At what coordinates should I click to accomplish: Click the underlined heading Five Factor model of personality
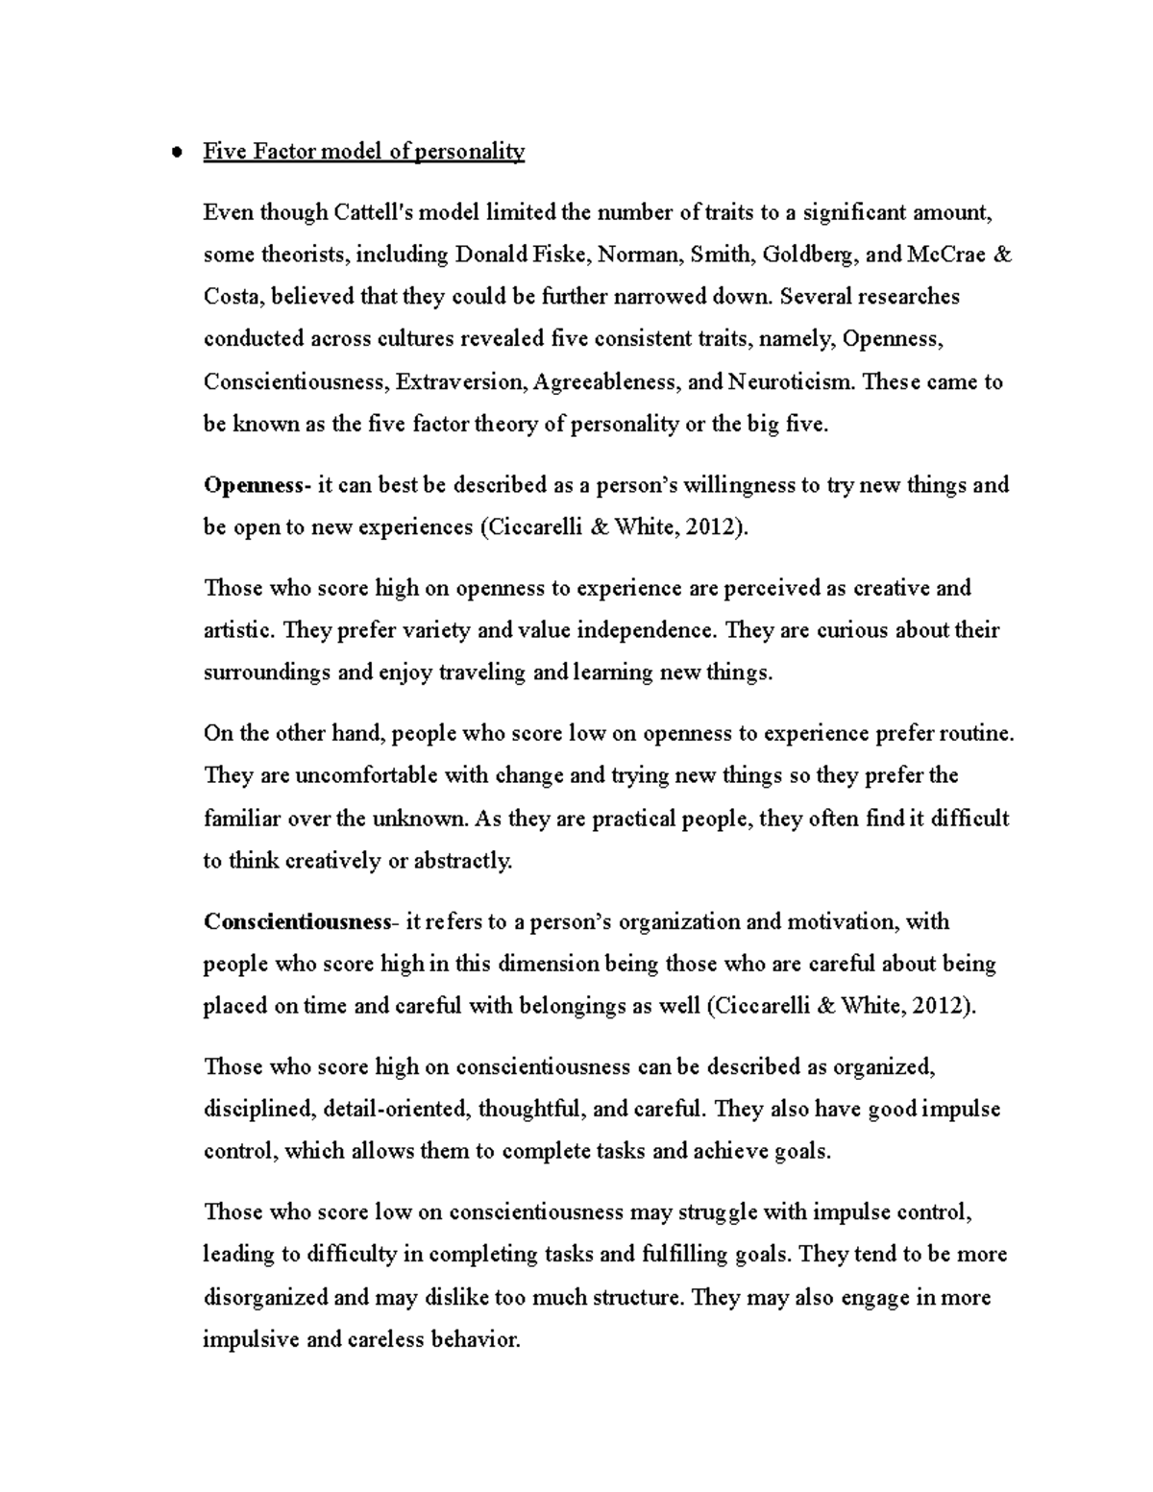363,152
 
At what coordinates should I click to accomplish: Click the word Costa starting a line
232,297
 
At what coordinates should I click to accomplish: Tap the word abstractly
463,862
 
